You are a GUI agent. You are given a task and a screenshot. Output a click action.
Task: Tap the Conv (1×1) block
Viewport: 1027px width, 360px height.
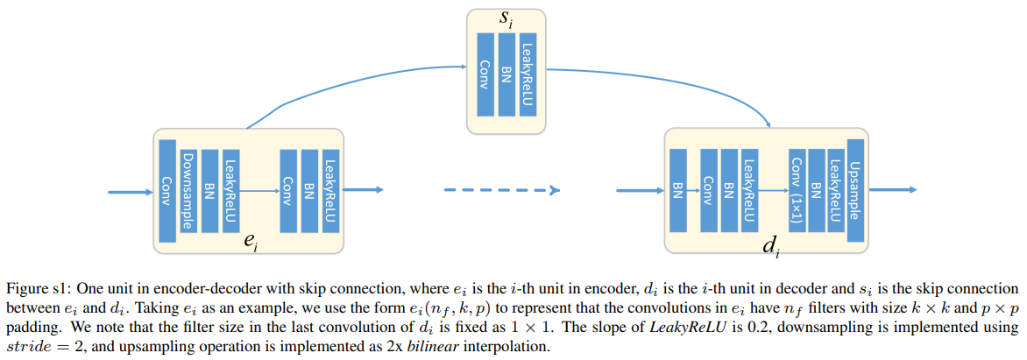point(796,190)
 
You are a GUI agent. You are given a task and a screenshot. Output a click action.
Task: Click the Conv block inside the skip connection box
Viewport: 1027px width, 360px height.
point(485,74)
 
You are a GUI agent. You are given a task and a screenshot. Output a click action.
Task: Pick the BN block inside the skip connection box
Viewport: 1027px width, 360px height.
point(506,74)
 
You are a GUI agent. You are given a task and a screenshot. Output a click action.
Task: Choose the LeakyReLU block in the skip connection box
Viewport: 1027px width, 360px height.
point(527,74)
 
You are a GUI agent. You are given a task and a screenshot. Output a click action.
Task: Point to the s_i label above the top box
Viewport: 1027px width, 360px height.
point(506,19)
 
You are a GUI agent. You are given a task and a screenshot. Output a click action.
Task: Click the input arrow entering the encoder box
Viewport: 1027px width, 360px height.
point(131,190)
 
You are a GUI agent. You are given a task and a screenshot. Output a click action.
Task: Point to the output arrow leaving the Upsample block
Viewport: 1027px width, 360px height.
point(892,190)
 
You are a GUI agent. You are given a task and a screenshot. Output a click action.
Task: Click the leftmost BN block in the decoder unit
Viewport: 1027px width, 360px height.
point(677,190)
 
